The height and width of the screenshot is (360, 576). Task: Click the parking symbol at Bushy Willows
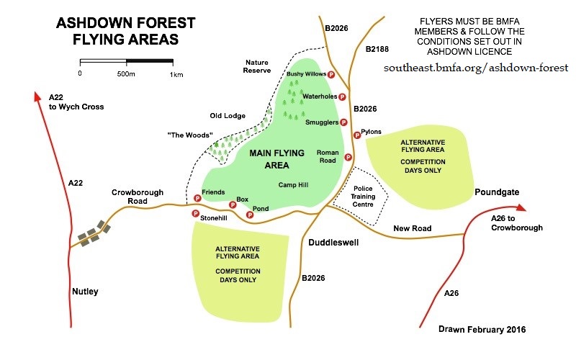(331, 74)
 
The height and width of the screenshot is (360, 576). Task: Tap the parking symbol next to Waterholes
(342, 96)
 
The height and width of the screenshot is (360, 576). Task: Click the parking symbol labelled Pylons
(356, 135)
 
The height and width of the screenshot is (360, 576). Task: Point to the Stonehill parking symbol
(194, 213)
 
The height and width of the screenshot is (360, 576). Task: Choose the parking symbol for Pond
(250, 215)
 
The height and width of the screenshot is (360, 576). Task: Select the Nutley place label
(85, 292)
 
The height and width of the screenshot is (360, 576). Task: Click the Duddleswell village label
(333, 243)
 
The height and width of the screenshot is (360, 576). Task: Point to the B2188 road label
(377, 49)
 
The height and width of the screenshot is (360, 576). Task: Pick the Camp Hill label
(293, 185)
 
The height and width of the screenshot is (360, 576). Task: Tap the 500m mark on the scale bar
(126, 73)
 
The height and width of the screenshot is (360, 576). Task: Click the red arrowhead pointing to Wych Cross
(36, 96)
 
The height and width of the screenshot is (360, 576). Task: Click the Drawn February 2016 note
(482, 330)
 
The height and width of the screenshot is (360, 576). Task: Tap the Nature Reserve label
(257, 66)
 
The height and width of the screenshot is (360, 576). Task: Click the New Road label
(412, 228)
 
